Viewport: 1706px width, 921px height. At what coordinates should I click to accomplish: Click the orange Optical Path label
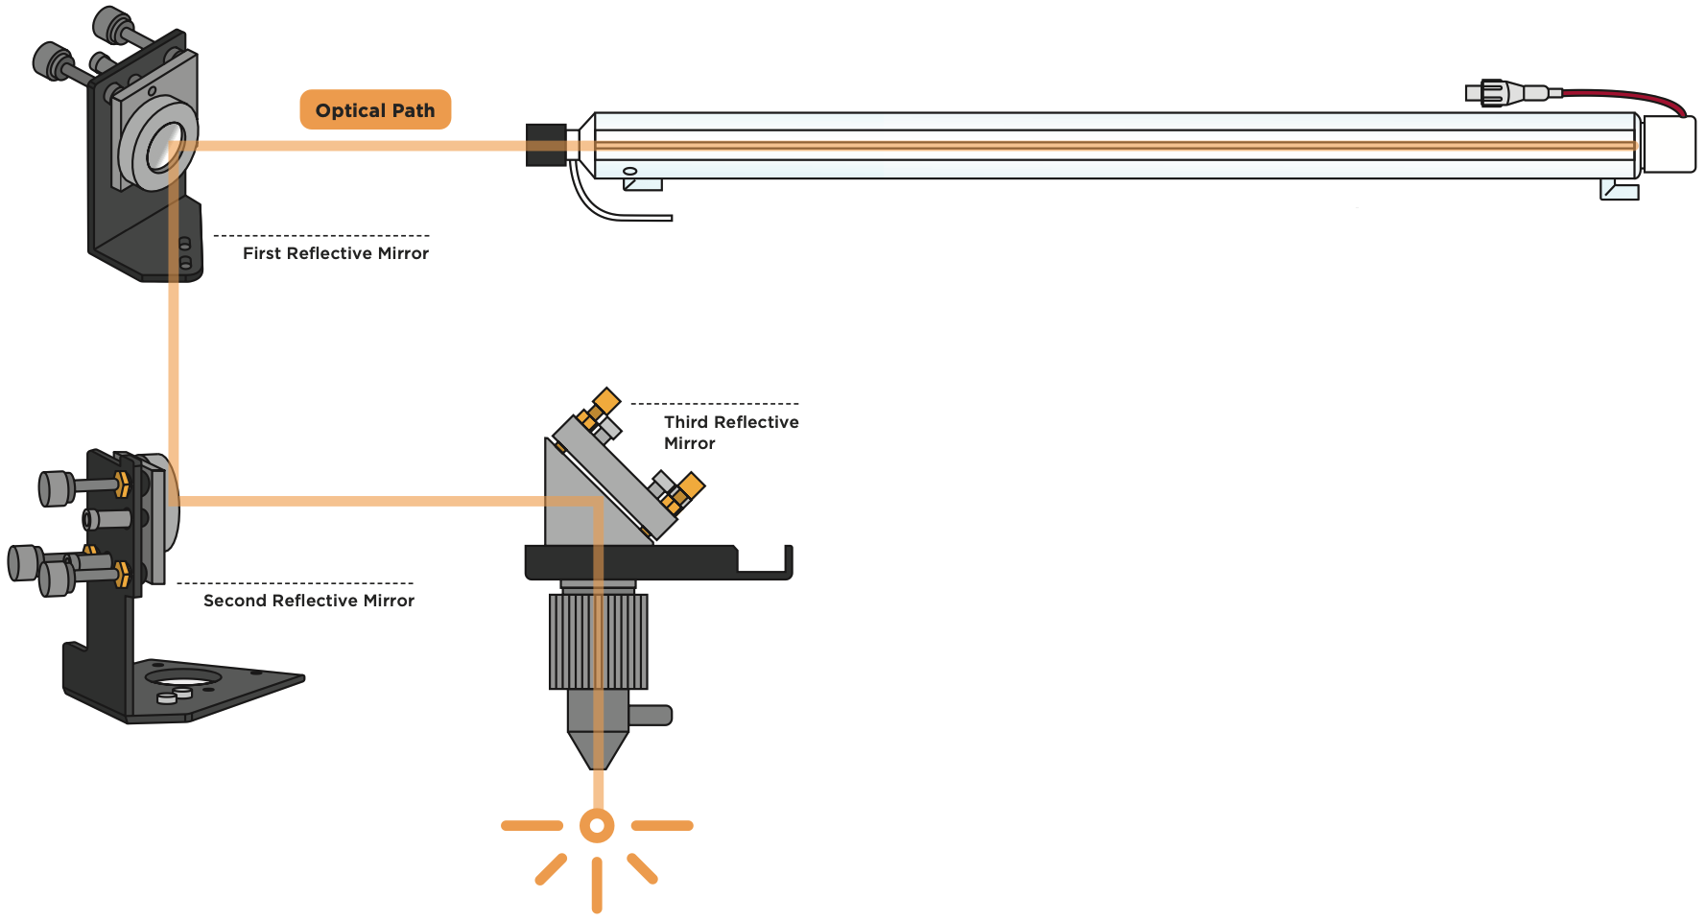(x=375, y=109)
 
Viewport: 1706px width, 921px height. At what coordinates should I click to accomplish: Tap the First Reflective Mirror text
(x=335, y=253)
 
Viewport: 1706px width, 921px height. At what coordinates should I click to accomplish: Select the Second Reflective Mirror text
(x=308, y=601)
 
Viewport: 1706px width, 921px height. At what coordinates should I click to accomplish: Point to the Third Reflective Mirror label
(x=730, y=432)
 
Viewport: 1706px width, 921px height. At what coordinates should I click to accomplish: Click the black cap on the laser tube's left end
(x=545, y=145)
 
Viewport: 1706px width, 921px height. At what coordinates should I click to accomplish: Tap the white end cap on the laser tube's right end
(x=1670, y=145)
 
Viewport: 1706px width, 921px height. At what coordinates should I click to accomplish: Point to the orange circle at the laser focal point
(x=597, y=825)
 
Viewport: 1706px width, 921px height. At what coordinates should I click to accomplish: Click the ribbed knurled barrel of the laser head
(x=598, y=641)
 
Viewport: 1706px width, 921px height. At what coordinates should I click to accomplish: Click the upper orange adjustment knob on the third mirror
(x=605, y=400)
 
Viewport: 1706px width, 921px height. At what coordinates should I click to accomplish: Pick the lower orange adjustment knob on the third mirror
(x=690, y=486)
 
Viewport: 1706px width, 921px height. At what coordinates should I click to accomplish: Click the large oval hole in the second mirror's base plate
(x=181, y=679)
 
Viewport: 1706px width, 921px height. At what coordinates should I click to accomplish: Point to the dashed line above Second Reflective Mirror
(x=295, y=583)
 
